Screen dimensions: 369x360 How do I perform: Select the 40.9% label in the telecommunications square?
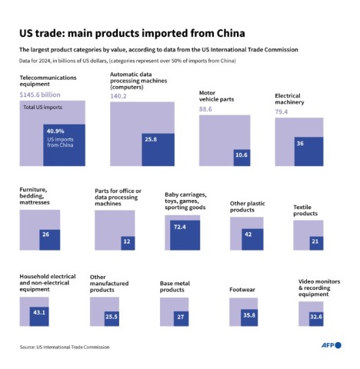(x=56, y=131)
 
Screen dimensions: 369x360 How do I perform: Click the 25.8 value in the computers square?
(x=149, y=139)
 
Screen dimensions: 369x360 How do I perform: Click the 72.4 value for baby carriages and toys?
(x=181, y=228)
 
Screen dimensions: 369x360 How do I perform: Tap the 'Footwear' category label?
(x=242, y=290)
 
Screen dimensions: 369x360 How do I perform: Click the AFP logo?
(x=329, y=346)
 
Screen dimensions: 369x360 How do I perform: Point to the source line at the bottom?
(x=65, y=347)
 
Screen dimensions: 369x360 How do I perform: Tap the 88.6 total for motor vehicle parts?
(x=206, y=109)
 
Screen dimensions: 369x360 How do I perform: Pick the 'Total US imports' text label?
(x=42, y=106)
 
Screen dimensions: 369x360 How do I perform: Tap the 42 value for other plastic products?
(x=247, y=234)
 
